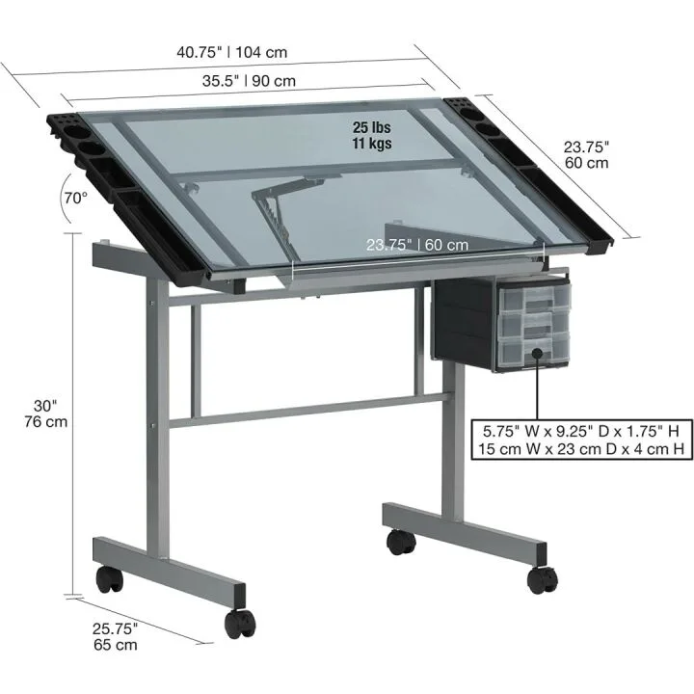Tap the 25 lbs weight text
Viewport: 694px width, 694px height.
373,127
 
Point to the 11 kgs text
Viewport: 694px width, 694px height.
373,144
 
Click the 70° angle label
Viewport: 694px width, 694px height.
76,196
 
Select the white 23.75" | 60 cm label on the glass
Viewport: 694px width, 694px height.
416,245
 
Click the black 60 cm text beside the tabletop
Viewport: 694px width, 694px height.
586,163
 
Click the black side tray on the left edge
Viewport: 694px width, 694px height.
130,193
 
